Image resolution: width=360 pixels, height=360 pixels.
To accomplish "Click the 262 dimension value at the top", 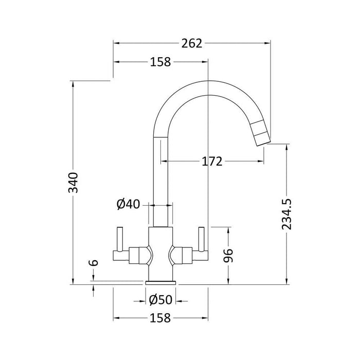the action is pos(192,43).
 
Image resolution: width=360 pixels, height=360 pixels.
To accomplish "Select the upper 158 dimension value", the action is pos(160,62).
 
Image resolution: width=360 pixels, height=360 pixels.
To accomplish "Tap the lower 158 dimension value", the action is pos(160,318).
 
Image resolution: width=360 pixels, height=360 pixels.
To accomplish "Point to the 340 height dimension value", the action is pos(74,183).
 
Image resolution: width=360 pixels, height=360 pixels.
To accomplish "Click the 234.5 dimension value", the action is pos(286,214).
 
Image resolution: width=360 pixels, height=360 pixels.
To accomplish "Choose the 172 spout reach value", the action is pos(212,161).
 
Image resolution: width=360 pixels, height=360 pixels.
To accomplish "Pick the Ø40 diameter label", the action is pos(128,204).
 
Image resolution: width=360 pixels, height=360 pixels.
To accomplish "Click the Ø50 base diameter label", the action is pos(160,300).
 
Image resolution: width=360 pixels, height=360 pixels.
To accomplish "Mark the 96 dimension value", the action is pos(228,255).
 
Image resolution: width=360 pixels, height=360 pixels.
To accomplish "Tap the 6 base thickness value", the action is pos(94,263).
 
